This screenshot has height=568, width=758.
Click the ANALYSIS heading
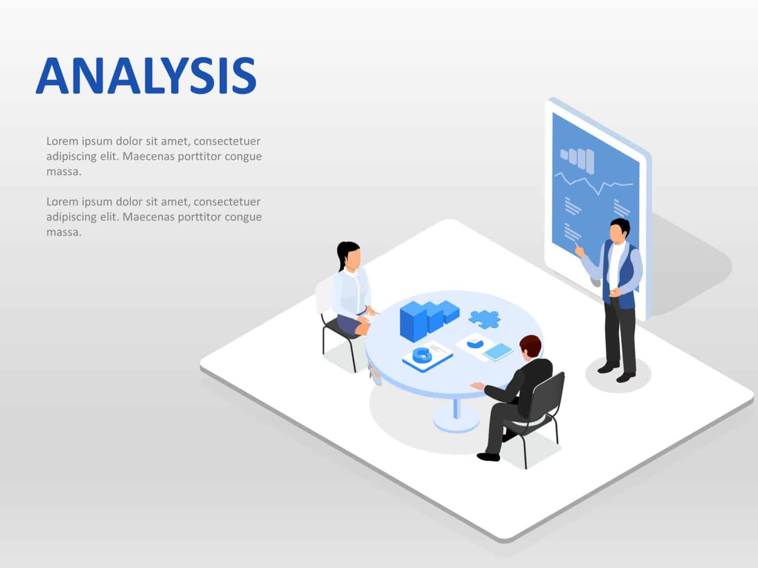[x=146, y=75]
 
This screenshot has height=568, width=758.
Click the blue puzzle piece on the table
[x=484, y=319]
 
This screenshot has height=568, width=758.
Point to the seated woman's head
[x=350, y=256]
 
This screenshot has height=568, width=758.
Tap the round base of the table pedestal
[x=456, y=424]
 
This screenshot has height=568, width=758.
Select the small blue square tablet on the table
[x=497, y=352]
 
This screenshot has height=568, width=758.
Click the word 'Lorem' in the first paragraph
[x=62, y=141]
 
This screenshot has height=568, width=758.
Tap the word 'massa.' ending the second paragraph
[x=64, y=232]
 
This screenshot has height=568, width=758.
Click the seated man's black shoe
[x=488, y=457]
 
